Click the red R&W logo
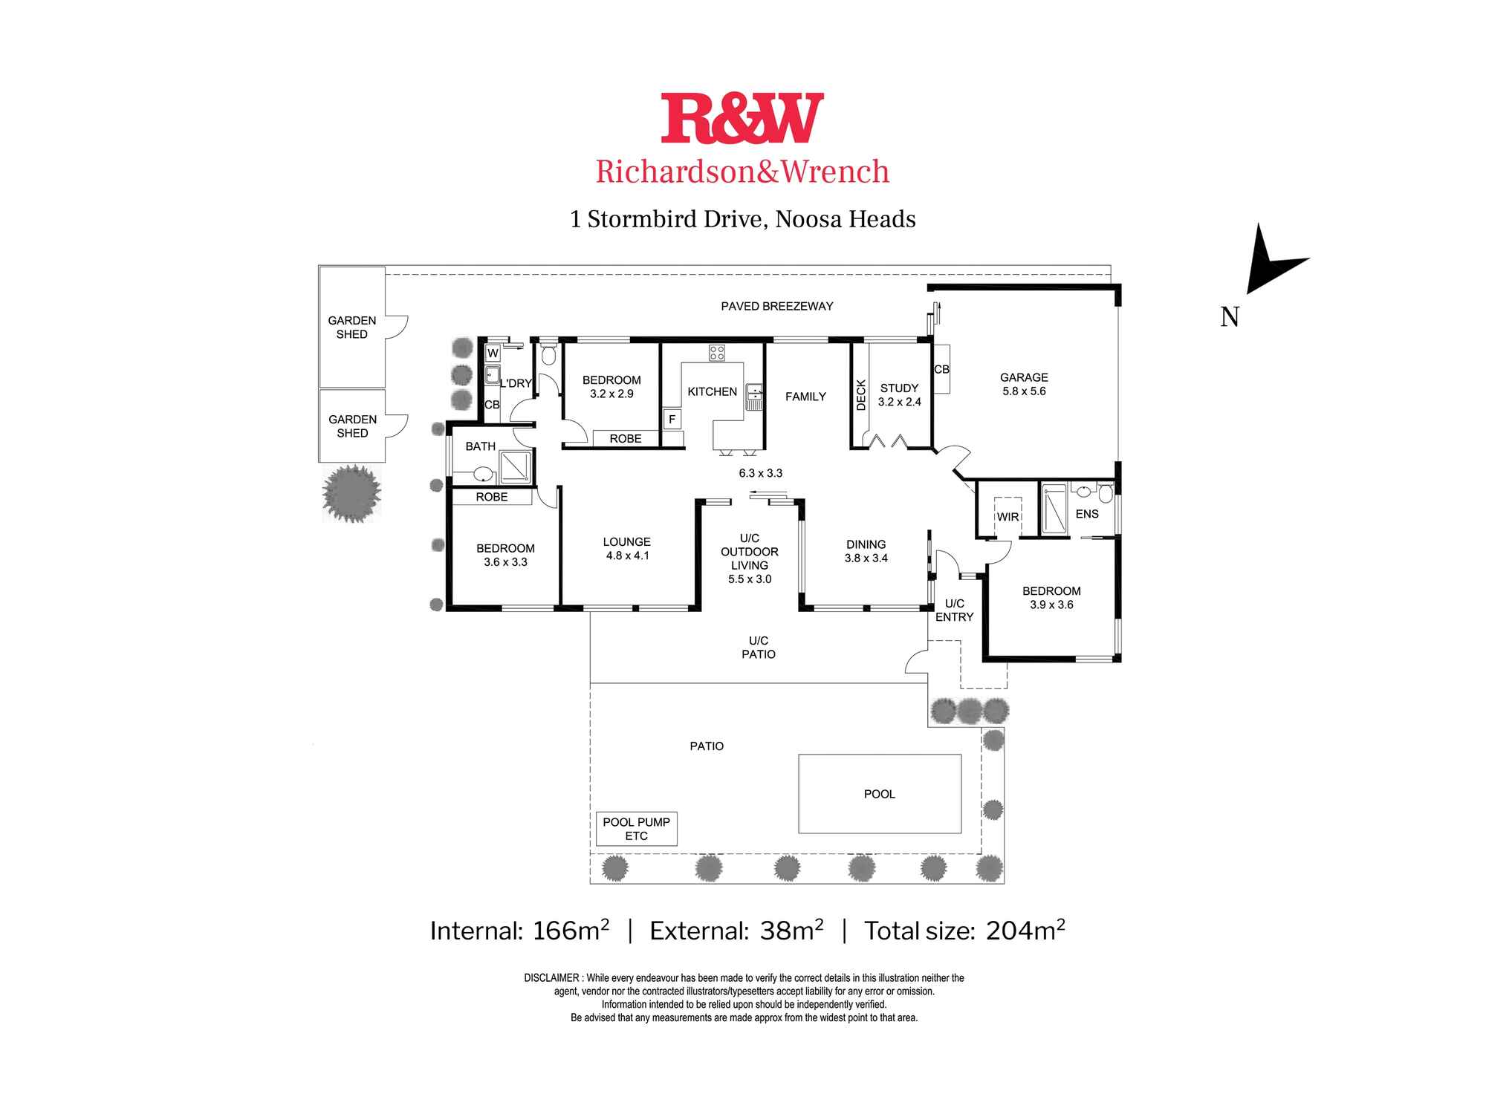coord(742,117)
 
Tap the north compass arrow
coord(1272,260)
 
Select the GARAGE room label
coord(1024,377)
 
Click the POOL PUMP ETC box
coord(637,829)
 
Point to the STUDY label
coord(899,388)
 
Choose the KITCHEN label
coord(712,391)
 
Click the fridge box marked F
coord(672,420)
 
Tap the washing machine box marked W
coord(493,354)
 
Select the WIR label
coord(1008,517)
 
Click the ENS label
coord(1087,514)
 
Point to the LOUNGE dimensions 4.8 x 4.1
coord(627,556)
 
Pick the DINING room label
coord(866,544)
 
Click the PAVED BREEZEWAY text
coord(777,306)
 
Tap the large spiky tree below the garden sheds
coord(351,492)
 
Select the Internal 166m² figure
coord(519,931)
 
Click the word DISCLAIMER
coord(551,978)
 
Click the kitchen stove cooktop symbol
coord(716,353)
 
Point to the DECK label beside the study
coord(861,395)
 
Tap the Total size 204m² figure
coord(964,931)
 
